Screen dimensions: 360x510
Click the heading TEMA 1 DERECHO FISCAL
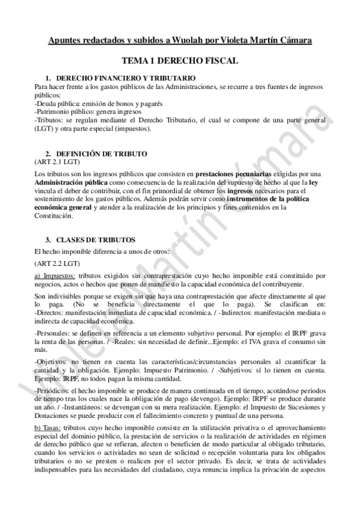180,61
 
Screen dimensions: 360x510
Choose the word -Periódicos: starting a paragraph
52,390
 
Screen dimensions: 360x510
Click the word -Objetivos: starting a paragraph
52,361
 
